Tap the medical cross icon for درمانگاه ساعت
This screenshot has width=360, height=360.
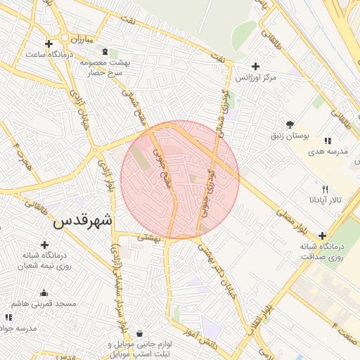(48, 44)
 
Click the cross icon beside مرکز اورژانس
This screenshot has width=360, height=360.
(255, 66)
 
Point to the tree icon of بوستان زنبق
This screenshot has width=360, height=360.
(290, 124)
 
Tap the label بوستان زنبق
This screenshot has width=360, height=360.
(289, 134)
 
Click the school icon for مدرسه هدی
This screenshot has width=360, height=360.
(328, 141)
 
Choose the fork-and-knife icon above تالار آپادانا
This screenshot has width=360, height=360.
(325, 189)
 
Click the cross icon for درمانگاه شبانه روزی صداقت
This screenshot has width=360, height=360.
(322, 236)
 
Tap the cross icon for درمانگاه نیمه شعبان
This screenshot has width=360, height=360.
(45, 245)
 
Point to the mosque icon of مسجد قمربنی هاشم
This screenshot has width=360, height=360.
(44, 293)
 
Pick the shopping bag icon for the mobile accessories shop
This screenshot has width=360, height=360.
(139, 333)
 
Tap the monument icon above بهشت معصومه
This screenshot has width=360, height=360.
(105, 52)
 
